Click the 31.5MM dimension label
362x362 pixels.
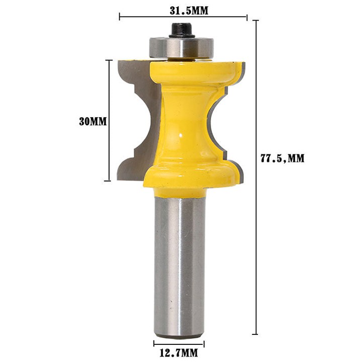click(189, 11)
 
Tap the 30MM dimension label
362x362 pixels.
click(93, 122)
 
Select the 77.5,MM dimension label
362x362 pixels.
click(283, 158)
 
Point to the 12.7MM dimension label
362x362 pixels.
click(178, 353)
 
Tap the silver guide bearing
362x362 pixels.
click(182, 47)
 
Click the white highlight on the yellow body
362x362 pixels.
click(180, 135)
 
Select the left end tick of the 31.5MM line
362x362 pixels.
click(119, 17)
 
